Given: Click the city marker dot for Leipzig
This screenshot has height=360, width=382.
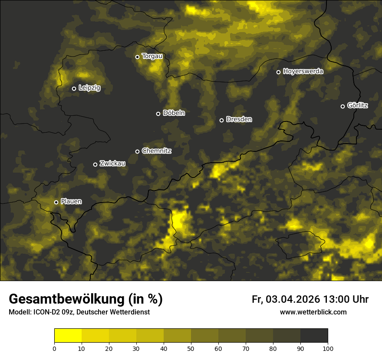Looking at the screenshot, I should [74, 88].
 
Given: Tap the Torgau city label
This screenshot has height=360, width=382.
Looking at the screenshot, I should [152, 56].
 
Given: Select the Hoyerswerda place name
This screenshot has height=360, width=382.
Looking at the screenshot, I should [303, 72].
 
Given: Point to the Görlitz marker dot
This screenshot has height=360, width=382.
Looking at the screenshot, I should [342, 106].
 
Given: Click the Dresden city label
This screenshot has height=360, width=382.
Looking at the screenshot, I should [239, 119].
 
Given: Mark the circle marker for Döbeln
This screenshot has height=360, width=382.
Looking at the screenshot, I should [158, 114].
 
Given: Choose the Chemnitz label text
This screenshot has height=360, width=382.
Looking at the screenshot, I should [156, 151].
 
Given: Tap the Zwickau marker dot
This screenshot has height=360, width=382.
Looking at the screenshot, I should [95, 164].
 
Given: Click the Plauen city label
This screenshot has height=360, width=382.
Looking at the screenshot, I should [71, 202].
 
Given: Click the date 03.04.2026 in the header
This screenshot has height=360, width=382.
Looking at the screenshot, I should [293, 299].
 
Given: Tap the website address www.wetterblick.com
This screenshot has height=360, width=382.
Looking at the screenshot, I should [313, 312].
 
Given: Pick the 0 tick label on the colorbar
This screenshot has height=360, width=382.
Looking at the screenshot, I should [54, 348].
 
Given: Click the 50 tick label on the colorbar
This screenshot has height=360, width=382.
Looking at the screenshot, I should [191, 348].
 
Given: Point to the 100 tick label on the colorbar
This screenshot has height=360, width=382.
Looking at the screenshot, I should [328, 348].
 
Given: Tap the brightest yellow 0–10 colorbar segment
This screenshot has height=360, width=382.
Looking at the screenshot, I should [68, 336].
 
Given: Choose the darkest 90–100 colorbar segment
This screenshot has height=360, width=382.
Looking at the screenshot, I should [314, 336].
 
